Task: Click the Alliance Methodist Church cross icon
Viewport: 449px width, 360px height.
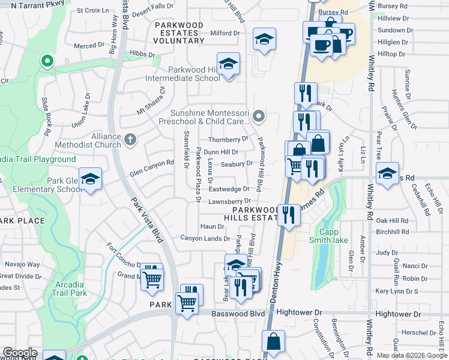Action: (x=130, y=140)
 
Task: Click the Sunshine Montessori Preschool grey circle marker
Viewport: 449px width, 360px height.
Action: (x=259, y=116)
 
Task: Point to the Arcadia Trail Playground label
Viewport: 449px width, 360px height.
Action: (x=38, y=159)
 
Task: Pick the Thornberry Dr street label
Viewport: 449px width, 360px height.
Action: (x=228, y=140)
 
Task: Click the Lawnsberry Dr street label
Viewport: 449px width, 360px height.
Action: (x=229, y=201)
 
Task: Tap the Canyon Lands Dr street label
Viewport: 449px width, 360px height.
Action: (x=206, y=238)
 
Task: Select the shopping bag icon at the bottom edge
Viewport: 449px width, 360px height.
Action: (x=274, y=341)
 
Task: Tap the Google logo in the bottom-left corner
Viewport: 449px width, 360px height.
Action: (x=19, y=353)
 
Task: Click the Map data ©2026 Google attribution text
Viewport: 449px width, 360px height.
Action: (x=412, y=355)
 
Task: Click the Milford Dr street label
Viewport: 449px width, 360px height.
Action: (x=225, y=33)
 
